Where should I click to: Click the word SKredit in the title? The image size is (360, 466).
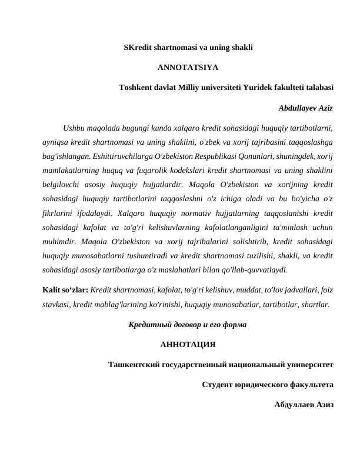138,47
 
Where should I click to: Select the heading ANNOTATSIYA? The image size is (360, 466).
188,67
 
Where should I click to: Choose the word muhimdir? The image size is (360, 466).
58,242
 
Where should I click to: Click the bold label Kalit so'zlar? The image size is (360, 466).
65,291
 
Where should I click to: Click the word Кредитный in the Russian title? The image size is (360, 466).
151,325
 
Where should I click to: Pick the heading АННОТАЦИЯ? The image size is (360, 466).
188,345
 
